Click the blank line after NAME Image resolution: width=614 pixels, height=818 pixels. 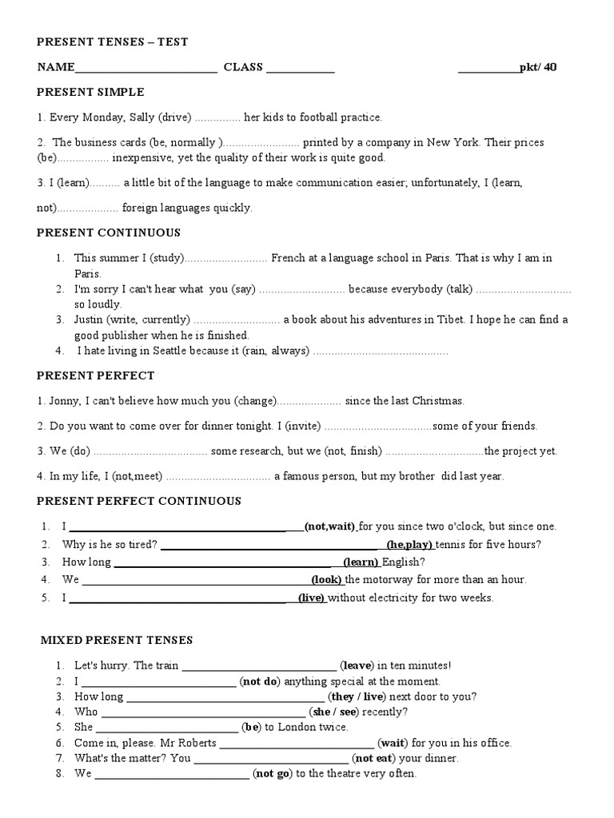[x=146, y=69]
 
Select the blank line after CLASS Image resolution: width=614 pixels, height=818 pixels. [x=300, y=69]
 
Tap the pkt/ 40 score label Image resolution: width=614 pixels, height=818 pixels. [x=538, y=67]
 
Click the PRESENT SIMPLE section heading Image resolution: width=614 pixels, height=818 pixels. [x=90, y=93]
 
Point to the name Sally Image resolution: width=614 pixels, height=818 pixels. [x=141, y=117]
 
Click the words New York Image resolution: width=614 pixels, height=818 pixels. [x=453, y=142]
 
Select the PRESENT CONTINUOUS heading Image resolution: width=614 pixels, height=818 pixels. [x=109, y=232]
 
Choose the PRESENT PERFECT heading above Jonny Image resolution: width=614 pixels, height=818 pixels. [x=96, y=375]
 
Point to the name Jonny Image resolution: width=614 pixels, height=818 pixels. [x=60, y=400]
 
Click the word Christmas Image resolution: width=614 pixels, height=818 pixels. [x=437, y=400]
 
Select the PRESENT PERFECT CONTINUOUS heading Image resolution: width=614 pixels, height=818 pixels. [x=139, y=501]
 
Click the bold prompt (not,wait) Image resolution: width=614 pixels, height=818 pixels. [x=329, y=526]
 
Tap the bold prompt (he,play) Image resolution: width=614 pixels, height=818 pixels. [x=409, y=545]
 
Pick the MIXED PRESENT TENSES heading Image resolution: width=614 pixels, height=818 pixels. [x=117, y=640]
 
